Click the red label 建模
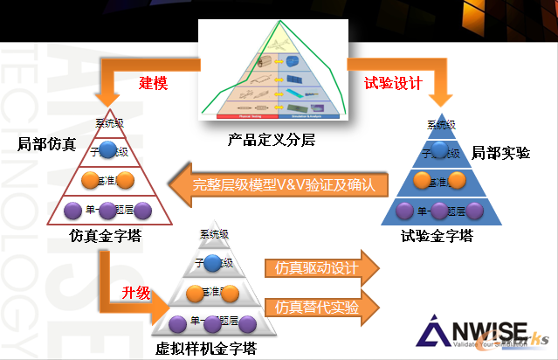(x=153, y=84)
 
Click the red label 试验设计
(x=393, y=84)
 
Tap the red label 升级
(x=136, y=290)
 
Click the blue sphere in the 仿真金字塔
(x=107, y=149)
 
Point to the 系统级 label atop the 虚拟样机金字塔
(x=214, y=234)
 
